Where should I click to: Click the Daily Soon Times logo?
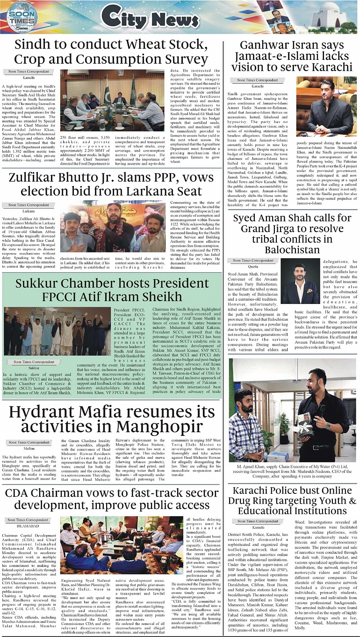pos(21,17)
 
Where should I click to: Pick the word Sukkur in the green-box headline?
pos(41,283)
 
